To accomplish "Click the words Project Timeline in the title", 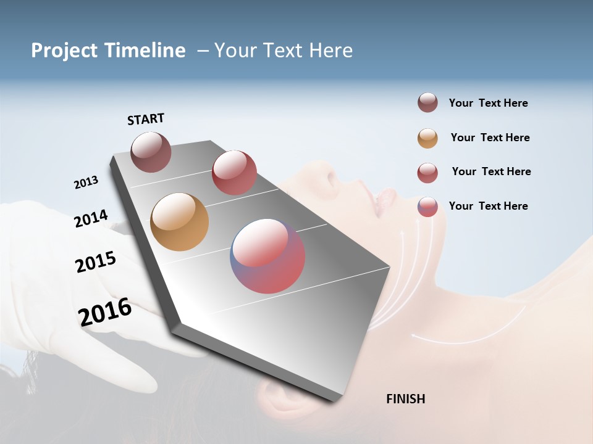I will click(108, 51).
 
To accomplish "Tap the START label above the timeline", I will click(146, 119).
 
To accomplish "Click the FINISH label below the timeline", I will click(405, 399).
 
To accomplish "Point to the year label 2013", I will click(86, 183).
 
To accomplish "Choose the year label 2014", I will click(91, 218).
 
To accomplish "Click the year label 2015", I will click(96, 261).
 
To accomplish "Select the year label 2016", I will click(105, 312).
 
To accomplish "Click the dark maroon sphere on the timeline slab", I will click(151, 152).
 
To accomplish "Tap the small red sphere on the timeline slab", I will click(234, 173).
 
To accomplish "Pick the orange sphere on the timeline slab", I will click(179, 222).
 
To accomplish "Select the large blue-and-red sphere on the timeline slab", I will click(267, 256).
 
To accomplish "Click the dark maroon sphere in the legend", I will click(427, 103).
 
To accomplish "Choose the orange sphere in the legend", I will click(427, 138).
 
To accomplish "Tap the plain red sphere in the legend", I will click(427, 173).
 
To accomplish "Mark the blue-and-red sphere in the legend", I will click(427, 207).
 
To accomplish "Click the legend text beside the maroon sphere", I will click(488, 104).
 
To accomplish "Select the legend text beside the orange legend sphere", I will click(490, 138).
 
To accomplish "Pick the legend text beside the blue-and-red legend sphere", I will click(488, 206).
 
